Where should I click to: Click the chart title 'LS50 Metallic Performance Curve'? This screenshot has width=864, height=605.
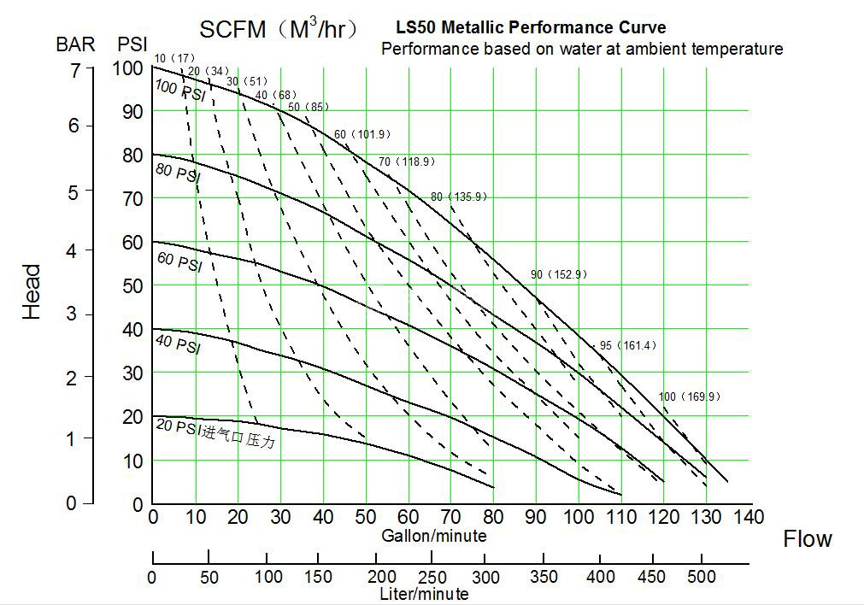point(531,28)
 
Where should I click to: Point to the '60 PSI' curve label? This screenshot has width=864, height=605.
point(179,261)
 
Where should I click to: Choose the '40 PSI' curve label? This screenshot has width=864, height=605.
point(178,344)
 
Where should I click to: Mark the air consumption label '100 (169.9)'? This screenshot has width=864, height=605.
point(690,396)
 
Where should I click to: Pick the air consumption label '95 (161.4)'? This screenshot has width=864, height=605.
point(627,345)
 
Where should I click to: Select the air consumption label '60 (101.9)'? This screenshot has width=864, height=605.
point(361,134)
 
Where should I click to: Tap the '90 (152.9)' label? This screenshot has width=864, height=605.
point(558,274)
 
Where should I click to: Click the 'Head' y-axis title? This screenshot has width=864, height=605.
point(32,291)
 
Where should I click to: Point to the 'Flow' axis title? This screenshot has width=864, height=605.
point(807,538)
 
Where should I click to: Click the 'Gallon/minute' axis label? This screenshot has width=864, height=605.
point(433,536)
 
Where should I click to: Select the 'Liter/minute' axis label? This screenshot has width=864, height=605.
point(424,593)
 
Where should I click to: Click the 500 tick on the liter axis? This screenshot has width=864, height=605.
point(701,577)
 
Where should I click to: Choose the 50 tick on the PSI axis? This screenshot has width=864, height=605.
point(131,285)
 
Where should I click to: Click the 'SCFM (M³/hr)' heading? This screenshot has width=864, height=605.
point(278,29)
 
